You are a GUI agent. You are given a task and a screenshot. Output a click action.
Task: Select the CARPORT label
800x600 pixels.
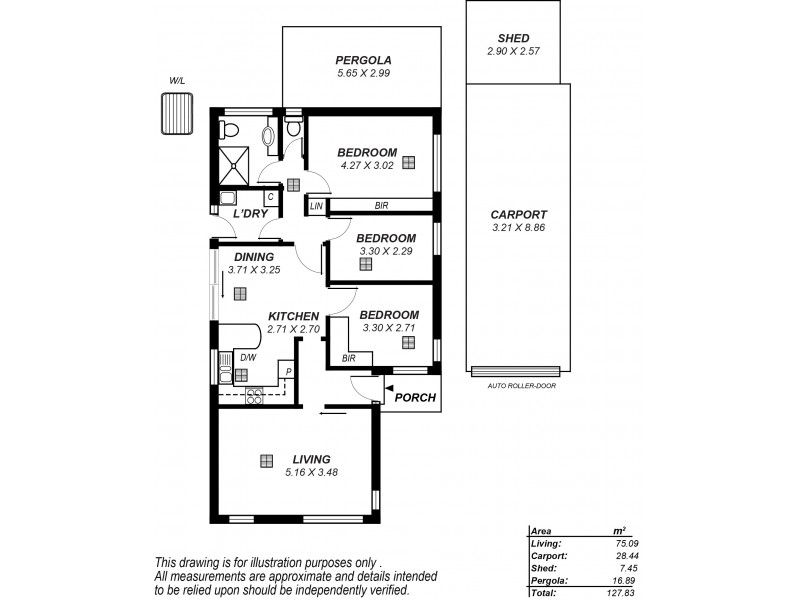click(x=517, y=214)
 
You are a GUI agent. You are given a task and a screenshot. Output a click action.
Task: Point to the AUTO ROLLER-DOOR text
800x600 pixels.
click(x=520, y=385)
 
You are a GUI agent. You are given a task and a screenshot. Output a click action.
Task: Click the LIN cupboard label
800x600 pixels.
click(x=316, y=206)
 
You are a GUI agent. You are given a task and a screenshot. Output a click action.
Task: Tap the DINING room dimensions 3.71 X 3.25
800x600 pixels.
click(x=248, y=270)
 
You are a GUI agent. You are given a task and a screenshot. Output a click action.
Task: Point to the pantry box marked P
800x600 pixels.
click(x=288, y=372)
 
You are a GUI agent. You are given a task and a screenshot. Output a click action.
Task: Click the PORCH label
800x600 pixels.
click(x=415, y=397)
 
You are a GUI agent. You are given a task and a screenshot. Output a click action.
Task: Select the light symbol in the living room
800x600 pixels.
click(x=266, y=460)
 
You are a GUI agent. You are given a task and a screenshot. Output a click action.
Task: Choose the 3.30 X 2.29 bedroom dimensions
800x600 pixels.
click(x=386, y=251)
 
